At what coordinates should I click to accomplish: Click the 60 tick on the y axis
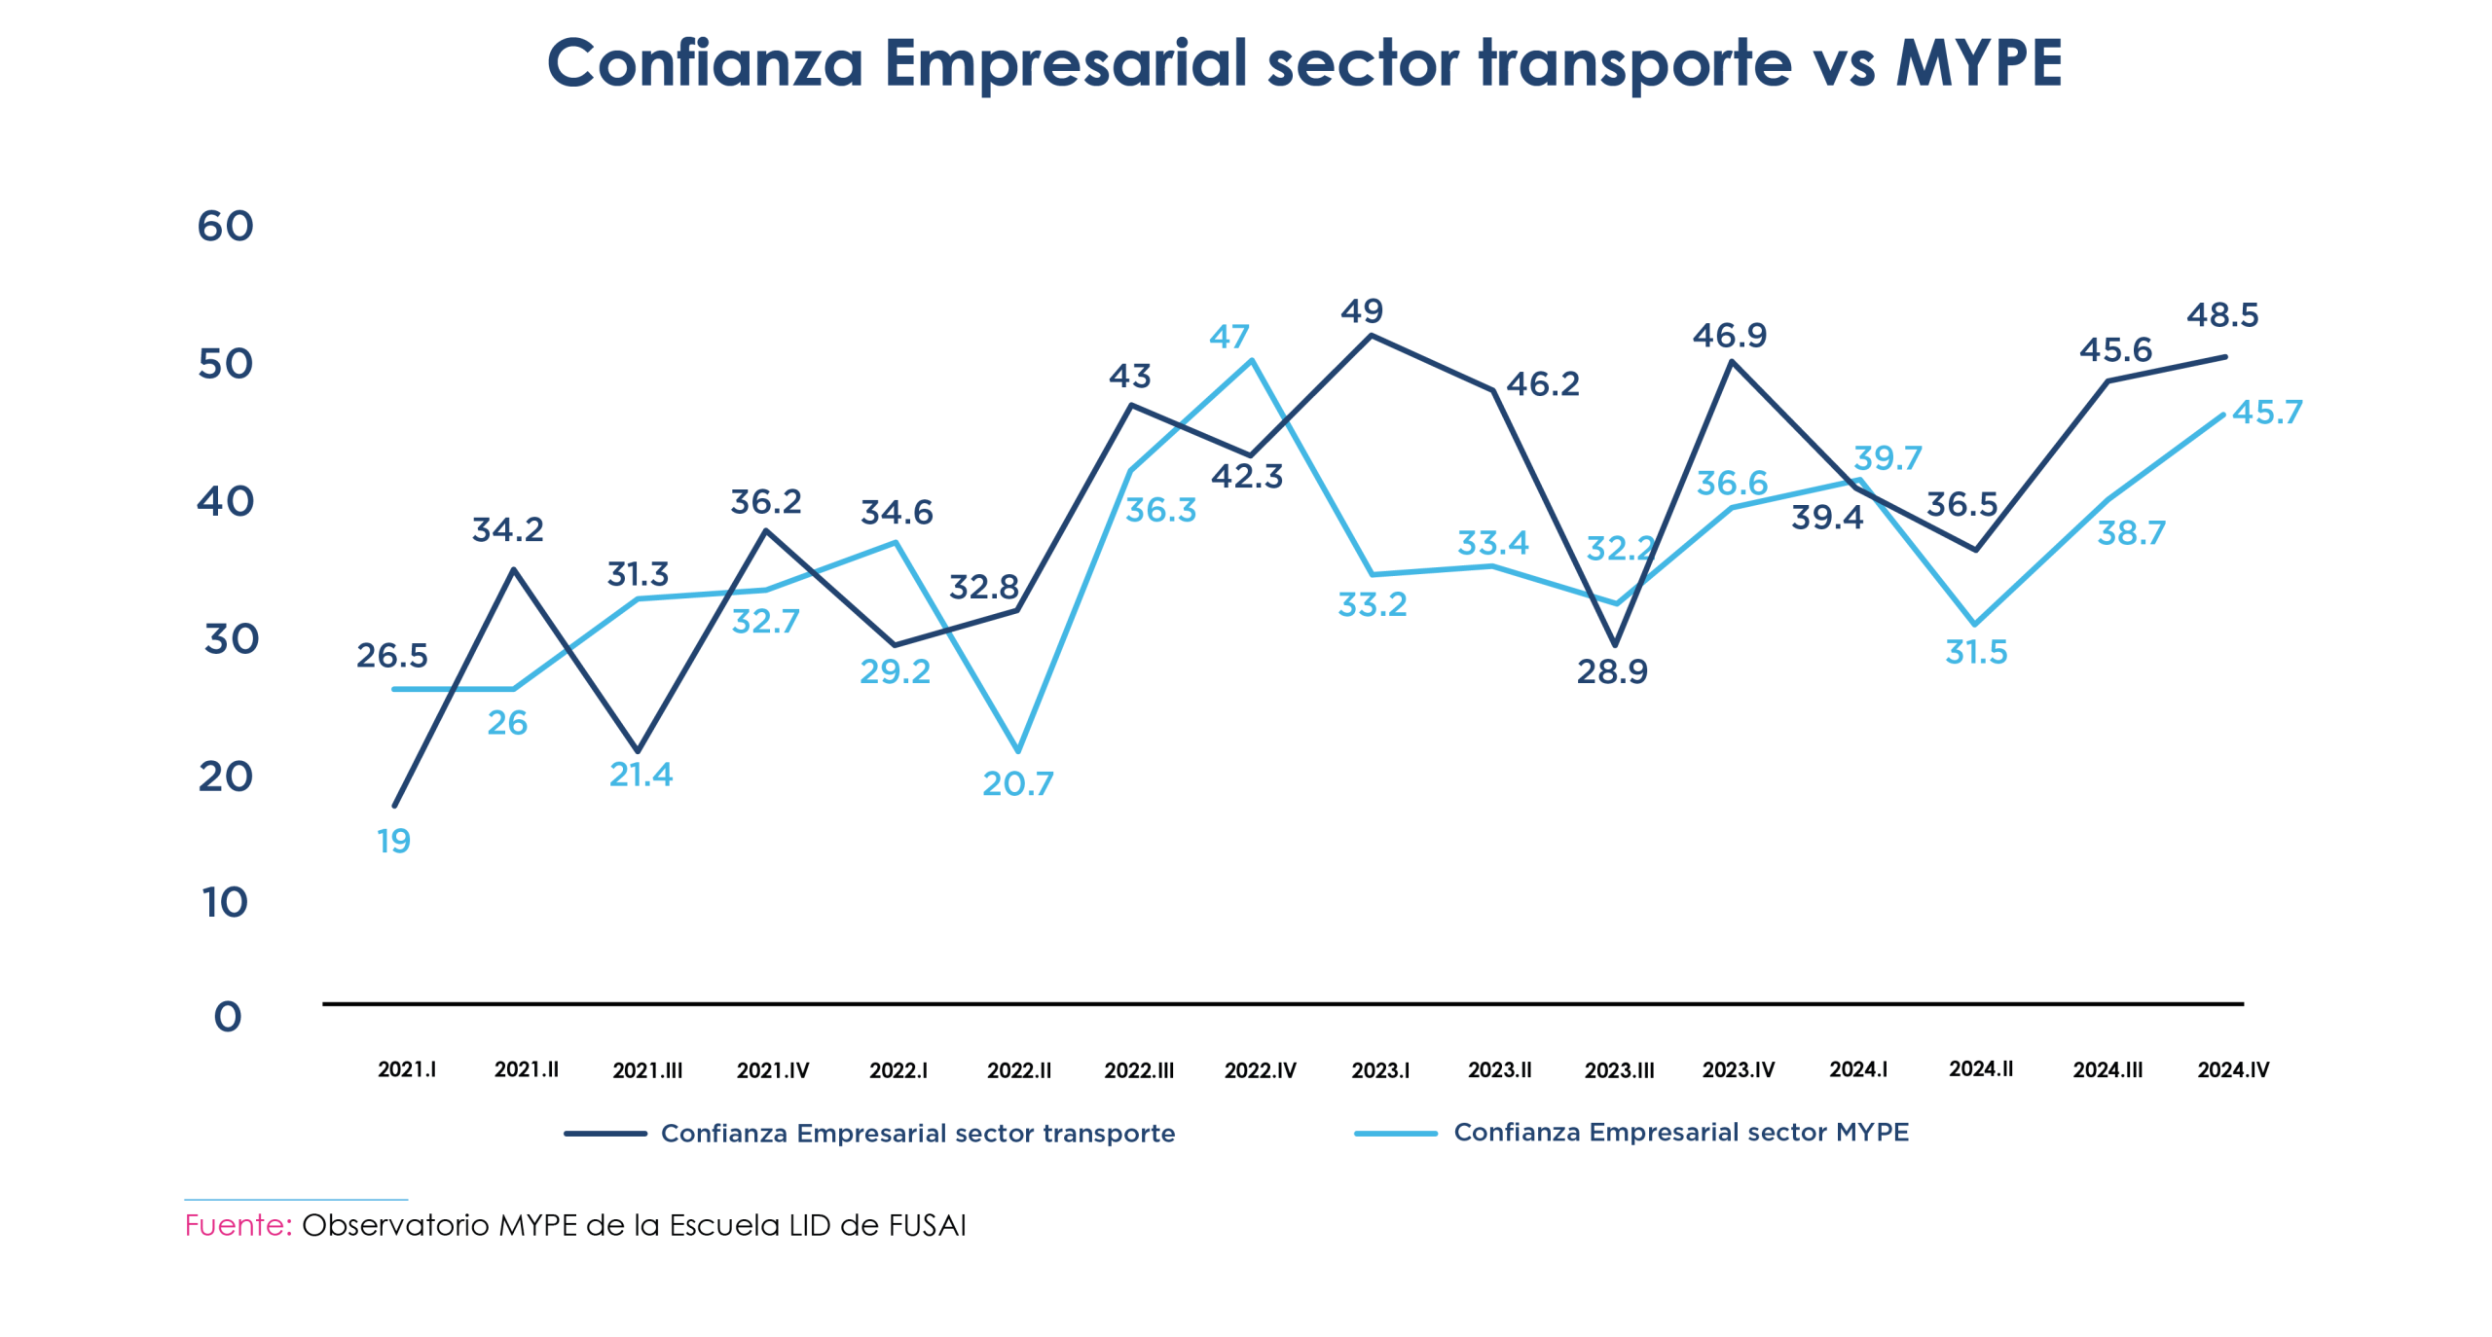pyautogui.click(x=225, y=226)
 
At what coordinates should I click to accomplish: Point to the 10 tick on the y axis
pyautogui.click(x=225, y=902)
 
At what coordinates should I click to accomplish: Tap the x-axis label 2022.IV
pyautogui.click(x=1260, y=1070)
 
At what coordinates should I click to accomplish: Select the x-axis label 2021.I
pyautogui.click(x=407, y=1069)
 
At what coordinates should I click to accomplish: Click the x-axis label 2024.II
pyautogui.click(x=1980, y=1068)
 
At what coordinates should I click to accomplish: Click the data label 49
pyautogui.click(x=1361, y=310)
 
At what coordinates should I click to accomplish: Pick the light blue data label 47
pyautogui.click(x=1228, y=337)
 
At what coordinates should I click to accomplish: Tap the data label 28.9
pyautogui.click(x=1612, y=671)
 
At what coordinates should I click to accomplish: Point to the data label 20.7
pyautogui.click(x=1017, y=783)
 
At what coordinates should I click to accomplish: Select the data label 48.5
pyautogui.click(x=2222, y=314)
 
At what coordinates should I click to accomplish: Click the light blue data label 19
pyautogui.click(x=393, y=841)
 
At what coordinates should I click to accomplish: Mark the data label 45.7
pyautogui.click(x=2267, y=412)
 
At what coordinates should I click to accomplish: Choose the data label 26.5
pyautogui.click(x=391, y=655)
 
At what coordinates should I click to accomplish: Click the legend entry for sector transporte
pyautogui.click(x=917, y=1133)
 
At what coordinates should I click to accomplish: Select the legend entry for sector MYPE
pyautogui.click(x=1680, y=1132)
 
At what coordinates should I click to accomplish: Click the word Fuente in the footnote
pyautogui.click(x=238, y=1224)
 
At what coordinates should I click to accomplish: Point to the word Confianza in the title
pyautogui.click(x=705, y=63)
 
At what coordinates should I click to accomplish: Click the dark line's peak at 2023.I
pyautogui.click(x=1371, y=336)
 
